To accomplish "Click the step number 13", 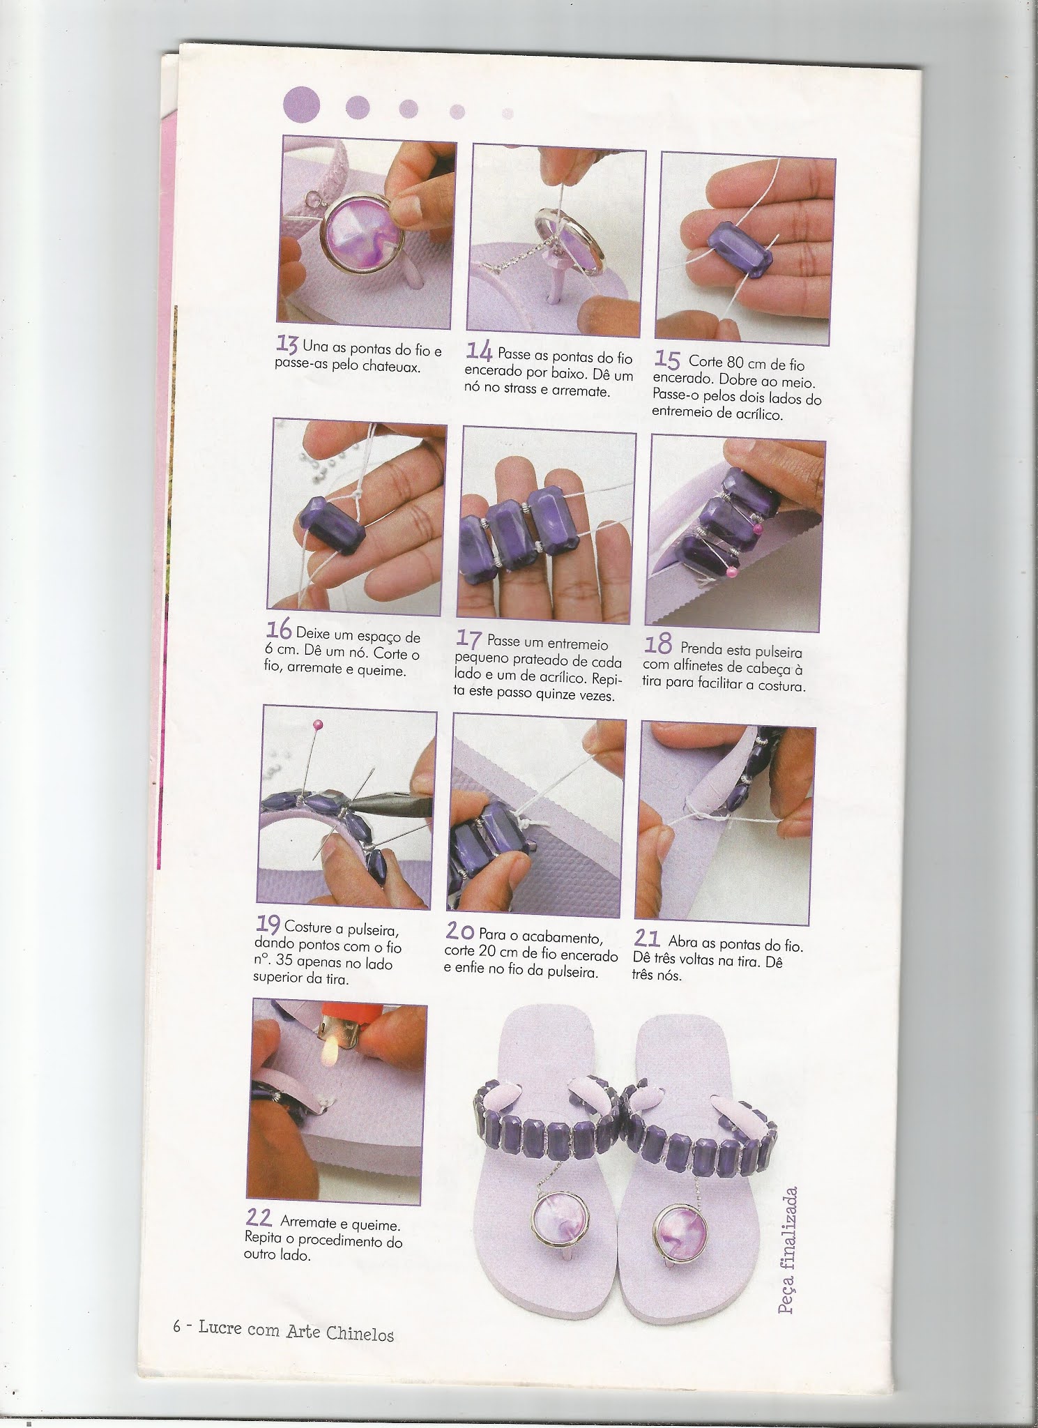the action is (288, 344).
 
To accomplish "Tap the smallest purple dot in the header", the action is (507, 113).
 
